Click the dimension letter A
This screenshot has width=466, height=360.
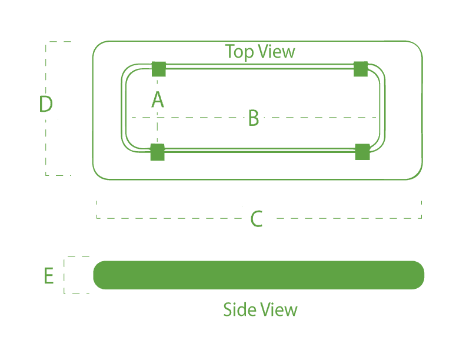pos(158,99)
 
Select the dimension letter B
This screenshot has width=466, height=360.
pos(254,118)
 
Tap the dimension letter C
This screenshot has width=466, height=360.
pos(257,219)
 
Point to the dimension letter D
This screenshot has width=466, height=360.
pos(45,105)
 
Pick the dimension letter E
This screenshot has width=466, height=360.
pos(49,275)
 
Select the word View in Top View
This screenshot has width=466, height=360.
pos(276,52)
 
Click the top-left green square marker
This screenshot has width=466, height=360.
pos(159,69)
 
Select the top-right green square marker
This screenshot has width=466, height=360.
pos(361,69)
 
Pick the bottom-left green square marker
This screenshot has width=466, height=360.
pos(157,152)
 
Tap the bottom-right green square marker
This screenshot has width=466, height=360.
pos(362,152)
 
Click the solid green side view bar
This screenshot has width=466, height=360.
pos(259,275)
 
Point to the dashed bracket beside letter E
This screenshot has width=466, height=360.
pos(65,275)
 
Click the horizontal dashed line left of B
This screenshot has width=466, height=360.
pos(188,118)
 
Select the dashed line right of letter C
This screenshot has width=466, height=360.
pos(347,218)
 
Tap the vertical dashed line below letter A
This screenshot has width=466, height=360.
pos(157,126)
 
